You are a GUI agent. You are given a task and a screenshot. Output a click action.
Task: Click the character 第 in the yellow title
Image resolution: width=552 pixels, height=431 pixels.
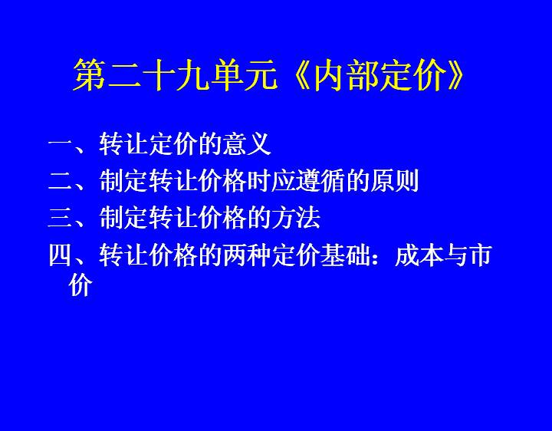point(90,75)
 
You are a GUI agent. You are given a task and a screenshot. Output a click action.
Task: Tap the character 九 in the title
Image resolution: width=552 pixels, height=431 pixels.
point(193,75)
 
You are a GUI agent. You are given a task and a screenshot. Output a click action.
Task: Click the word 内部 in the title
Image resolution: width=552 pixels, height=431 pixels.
point(347,75)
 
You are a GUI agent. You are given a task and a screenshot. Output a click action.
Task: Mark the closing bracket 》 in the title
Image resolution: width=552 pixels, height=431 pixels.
point(455,75)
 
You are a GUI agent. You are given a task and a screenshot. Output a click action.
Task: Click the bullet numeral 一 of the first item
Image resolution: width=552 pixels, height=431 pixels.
point(61,143)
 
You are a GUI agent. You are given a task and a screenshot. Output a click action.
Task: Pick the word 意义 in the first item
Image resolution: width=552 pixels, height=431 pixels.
point(246,143)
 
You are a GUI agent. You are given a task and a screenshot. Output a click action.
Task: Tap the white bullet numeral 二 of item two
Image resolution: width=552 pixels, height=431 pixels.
point(61,181)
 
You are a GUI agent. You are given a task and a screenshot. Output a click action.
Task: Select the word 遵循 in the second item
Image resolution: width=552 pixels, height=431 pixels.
point(320,181)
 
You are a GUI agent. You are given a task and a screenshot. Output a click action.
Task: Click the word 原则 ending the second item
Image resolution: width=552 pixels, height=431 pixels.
point(394,181)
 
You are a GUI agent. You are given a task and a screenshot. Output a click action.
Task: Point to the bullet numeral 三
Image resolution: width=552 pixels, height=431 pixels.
point(61,218)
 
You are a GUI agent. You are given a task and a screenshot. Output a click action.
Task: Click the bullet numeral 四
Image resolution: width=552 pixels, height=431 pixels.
point(61,255)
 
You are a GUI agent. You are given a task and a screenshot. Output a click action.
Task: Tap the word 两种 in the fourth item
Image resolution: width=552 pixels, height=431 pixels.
point(246,255)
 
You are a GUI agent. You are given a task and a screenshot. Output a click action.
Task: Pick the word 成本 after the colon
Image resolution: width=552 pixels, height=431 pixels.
point(419,255)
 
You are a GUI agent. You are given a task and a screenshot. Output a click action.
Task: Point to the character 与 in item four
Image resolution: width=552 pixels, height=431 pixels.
point(455,255)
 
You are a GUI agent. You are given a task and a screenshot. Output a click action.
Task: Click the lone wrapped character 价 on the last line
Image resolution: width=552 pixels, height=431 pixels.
point(80,285)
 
